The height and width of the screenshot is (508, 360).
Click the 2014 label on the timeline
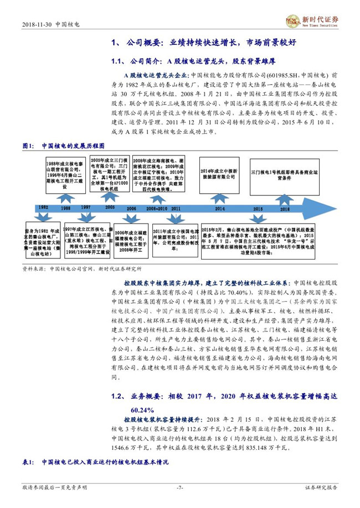pos(220,208)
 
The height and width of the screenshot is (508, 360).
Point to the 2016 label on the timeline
pos(285,208)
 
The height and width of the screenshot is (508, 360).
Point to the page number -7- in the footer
pos(179,488)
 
